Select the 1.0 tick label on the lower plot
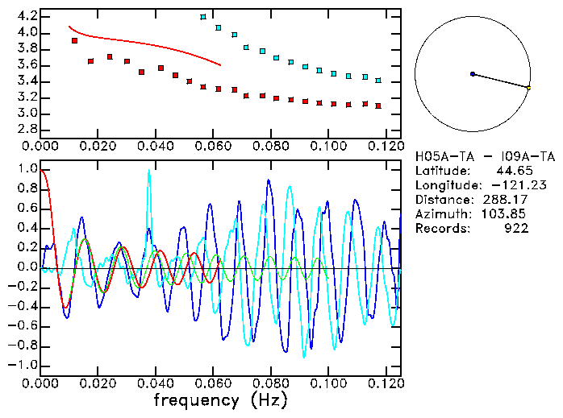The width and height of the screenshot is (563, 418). click(26, 169)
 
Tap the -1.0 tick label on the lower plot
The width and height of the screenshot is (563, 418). click(23, 365)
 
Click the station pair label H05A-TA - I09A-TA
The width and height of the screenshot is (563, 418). click(485, 156)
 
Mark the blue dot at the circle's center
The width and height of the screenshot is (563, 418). click(473, 74)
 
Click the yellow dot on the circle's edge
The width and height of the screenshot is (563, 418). click(528, 87)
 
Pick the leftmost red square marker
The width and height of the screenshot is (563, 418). click(74, 40)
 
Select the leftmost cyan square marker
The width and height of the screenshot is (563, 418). click(203, 17)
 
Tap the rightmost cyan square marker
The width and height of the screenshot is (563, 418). click(378, 81)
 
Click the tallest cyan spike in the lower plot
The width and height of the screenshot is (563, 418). click(148, 172)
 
